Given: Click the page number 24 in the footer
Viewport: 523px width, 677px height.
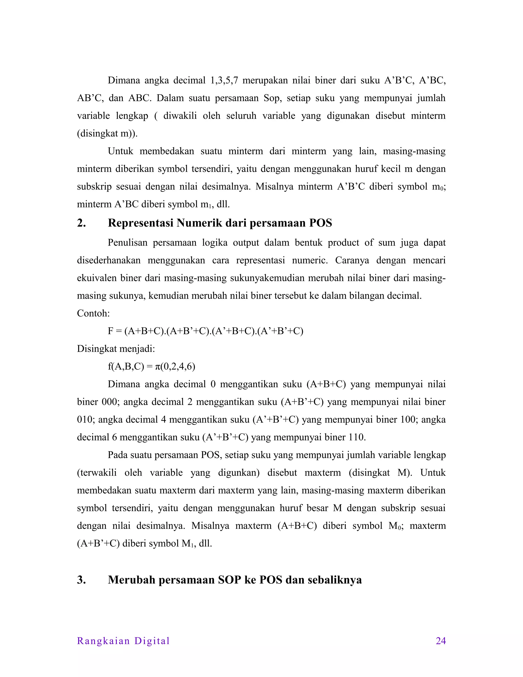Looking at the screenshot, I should point(441,641).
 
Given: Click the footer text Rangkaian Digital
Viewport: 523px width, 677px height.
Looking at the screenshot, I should point(123,641).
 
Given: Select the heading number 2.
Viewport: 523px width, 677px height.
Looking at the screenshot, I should point(81,223).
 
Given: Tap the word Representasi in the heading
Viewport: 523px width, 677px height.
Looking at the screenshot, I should point(140,223).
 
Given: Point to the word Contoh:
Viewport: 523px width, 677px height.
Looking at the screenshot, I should point(93,313).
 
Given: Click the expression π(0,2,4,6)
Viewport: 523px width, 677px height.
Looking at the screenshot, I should point(175,366).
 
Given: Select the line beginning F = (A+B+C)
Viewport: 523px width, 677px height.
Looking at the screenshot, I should point(205,331).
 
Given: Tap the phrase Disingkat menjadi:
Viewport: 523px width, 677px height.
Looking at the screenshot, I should point(116,349).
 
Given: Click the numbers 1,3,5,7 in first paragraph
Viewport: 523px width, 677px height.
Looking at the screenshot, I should point(224,80).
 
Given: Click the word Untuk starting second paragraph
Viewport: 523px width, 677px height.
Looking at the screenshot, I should point(120,151).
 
